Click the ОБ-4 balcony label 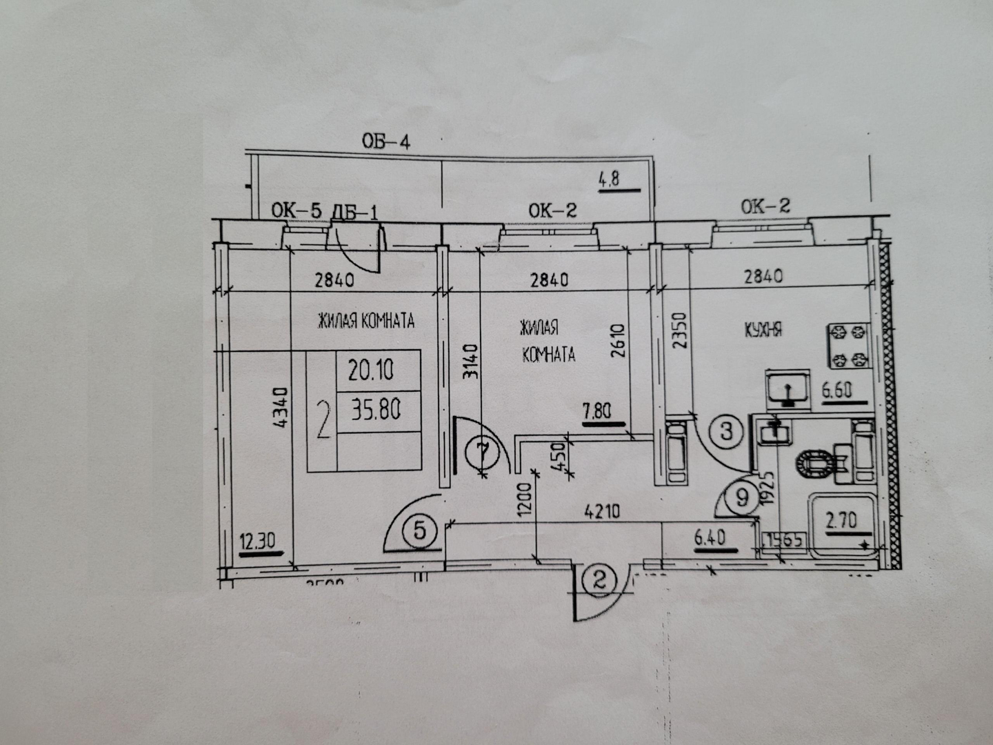tap(386, 143)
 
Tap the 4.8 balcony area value tap(609, 179)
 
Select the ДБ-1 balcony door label tap(354, 211)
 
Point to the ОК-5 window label tap(297, 211)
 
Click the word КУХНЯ tap(763, 329)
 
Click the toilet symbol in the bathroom tap(818, 465)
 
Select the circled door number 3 tap(725, 433)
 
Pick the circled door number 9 tap(742, 497)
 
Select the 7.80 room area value tap(596, 412)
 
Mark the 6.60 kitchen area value tap(836, 390)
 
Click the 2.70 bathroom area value tap(841, 519)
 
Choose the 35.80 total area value tap(376, 410)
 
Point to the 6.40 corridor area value tap(710, 536)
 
